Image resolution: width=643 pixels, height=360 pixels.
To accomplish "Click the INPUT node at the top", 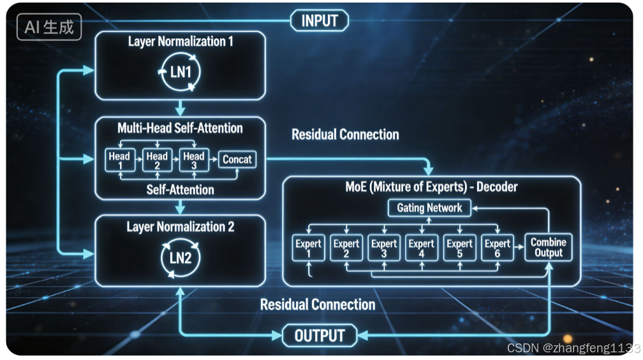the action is (319, 20).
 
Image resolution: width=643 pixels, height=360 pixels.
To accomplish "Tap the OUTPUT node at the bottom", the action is (320, 335).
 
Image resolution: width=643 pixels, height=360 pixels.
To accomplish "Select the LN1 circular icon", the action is (181, 72).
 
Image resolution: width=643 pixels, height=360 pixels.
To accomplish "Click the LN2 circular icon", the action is (181, 259).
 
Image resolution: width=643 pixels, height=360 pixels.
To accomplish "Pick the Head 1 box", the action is (120, 160).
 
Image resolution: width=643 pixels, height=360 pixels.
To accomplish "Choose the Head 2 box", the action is (157, 160).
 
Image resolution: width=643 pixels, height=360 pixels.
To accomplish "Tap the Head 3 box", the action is (194, 160).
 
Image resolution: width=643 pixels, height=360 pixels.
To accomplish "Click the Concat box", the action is (237, 160).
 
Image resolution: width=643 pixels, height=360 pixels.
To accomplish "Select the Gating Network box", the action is (429, 208).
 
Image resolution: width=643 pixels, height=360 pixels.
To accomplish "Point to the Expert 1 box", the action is (308, 248).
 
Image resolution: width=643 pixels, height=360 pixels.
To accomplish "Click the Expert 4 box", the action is (421, 248).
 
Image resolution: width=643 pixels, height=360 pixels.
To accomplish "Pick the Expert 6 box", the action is (497, 248).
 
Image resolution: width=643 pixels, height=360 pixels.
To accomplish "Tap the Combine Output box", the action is (549, 248).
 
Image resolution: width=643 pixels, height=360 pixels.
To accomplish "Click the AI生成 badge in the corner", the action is (49, 27).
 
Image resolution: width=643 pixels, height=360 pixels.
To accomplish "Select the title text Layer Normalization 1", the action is (181, 41).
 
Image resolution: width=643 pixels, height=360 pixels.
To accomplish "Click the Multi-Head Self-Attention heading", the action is (180, 128).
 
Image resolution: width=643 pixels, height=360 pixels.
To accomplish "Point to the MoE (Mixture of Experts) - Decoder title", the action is (431, 187).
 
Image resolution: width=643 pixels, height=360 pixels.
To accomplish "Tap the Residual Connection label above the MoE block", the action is (345, 134).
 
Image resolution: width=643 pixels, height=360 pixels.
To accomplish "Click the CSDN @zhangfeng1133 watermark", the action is (573, 348).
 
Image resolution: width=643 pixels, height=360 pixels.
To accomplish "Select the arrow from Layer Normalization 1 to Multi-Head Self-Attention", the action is (180, 107).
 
